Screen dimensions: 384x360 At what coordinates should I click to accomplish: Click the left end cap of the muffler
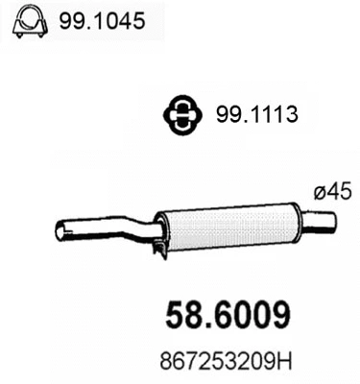pos(161,230)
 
